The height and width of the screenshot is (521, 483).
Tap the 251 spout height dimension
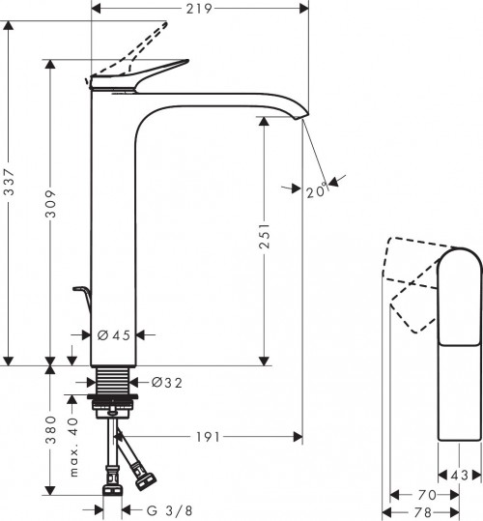tap(265, 240)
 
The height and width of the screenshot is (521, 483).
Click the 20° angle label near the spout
tap(315, 191)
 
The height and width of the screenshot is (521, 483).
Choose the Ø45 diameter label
tap(114, 336)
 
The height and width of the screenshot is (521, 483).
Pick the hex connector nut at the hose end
tap(147, 478)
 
